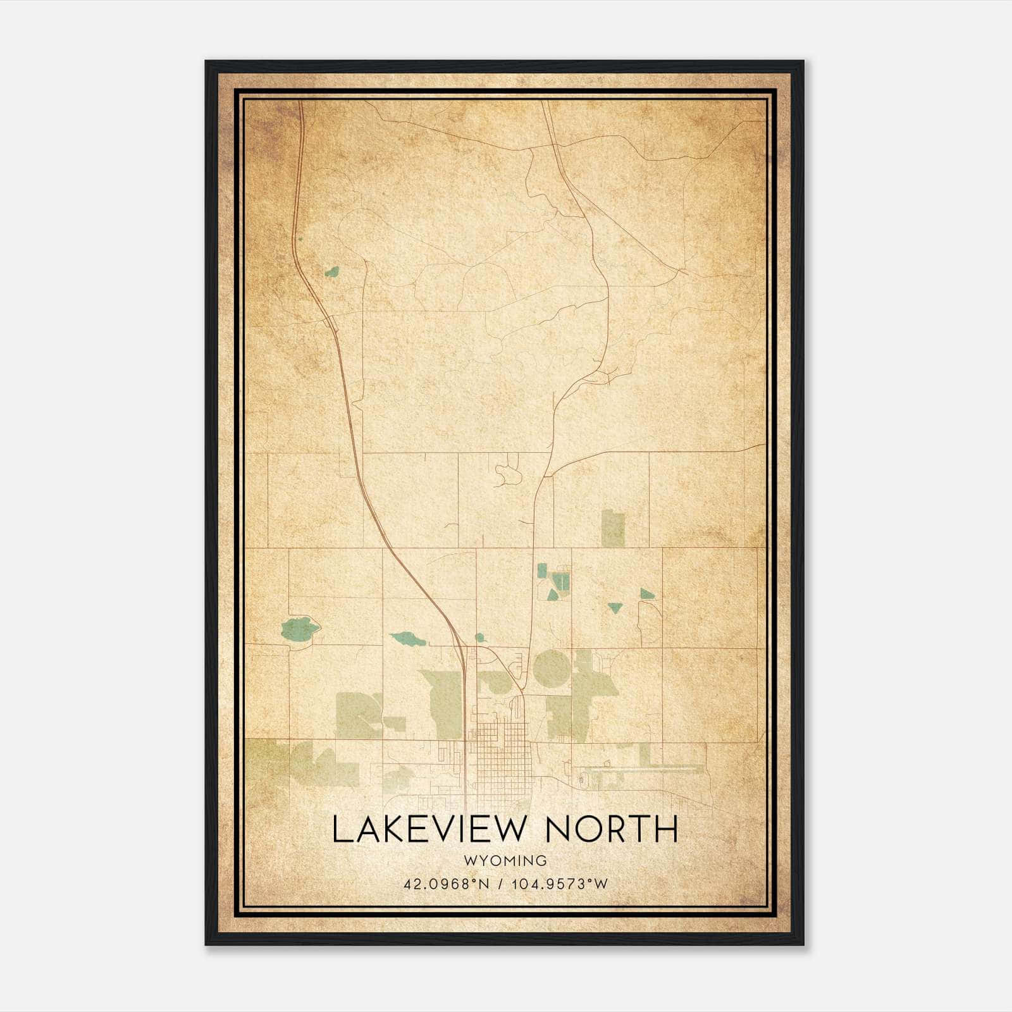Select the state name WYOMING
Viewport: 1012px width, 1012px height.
pos(504,860)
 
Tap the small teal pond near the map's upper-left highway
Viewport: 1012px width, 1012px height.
pos(331,272)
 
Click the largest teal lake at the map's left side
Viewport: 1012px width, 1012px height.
pos(300,628)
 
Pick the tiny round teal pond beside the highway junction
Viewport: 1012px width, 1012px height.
pos(479,637)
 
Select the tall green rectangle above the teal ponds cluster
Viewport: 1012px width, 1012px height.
pos(612,528)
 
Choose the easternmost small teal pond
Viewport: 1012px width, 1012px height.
pos(646,593)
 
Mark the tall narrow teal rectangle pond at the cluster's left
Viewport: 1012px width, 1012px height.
pos(541,571)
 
